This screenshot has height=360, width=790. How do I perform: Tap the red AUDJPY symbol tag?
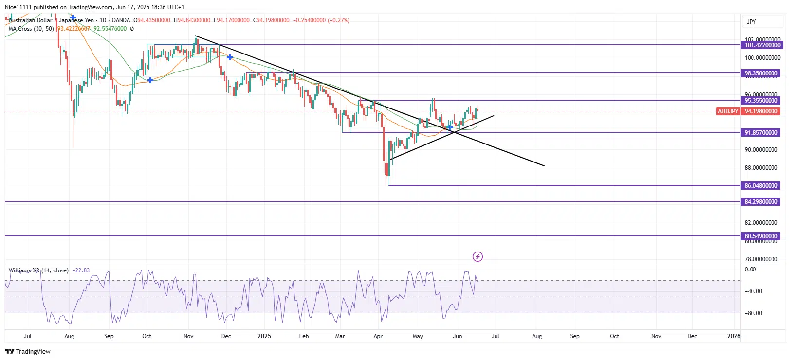click(728, 111)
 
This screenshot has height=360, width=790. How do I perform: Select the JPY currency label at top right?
click(752, 22)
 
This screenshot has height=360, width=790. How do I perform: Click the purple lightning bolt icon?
click(478, 256)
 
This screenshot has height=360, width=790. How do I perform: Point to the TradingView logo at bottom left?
click(28, 351)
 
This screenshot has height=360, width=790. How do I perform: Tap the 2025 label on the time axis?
click(264, 336)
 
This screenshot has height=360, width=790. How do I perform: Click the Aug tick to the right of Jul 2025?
click(537, 336)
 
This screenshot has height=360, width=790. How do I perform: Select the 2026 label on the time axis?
click(734, 336)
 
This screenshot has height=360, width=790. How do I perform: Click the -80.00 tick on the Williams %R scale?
click(753, 313)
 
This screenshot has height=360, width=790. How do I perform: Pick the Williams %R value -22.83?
click(81, 270)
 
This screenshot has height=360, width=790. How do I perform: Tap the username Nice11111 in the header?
click(18, 7)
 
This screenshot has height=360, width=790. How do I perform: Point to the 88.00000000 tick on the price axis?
click(761, 168)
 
